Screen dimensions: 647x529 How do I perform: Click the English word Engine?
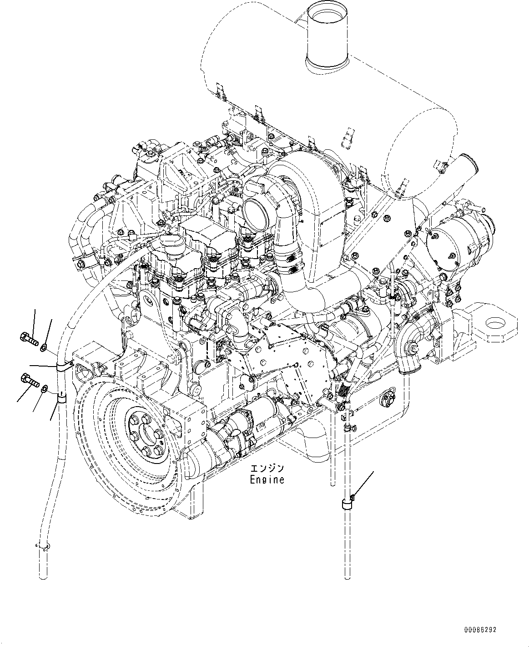(x=267, y=479)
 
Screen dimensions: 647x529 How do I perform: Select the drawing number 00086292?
(x=480, y=630)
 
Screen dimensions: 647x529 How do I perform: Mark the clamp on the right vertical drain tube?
(x=348, y=504)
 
